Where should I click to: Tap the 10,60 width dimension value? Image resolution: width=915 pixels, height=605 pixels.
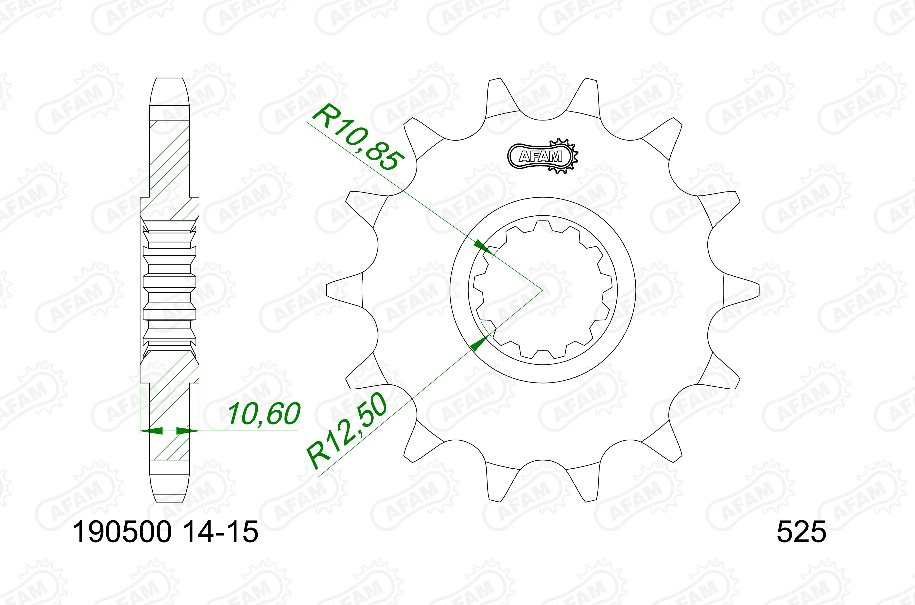point(264,414)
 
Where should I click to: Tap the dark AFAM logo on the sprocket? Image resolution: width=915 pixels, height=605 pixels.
point(542,156)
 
